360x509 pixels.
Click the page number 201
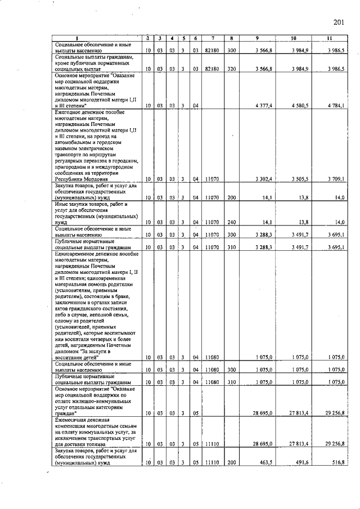coord(338,22)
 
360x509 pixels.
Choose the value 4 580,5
coord(301,105)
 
